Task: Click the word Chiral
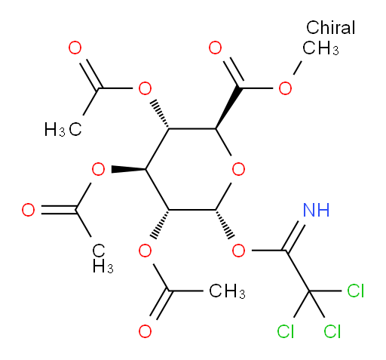click(330, 27)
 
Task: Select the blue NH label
click(316, 210)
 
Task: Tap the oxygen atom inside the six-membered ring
click(238, 169)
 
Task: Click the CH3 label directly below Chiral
click(320, 48)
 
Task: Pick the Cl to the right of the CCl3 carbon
click(355, 291)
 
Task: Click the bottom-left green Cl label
click(285, 331)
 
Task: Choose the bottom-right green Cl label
click(332, 331)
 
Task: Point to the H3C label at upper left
click(63, 130)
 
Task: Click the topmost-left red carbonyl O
click(75, 48)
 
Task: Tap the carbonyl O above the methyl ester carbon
click(215, 48)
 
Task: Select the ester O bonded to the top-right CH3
click(285, 88)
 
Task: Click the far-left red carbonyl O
click(28, 210)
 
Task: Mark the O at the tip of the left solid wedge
click(98, 169)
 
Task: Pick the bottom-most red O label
click(145, 331)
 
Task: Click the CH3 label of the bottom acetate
click(227, 291)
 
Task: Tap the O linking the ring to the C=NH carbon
click(238, 251)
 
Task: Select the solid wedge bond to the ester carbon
click(227, 108)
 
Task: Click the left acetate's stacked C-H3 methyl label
click(103, 258)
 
